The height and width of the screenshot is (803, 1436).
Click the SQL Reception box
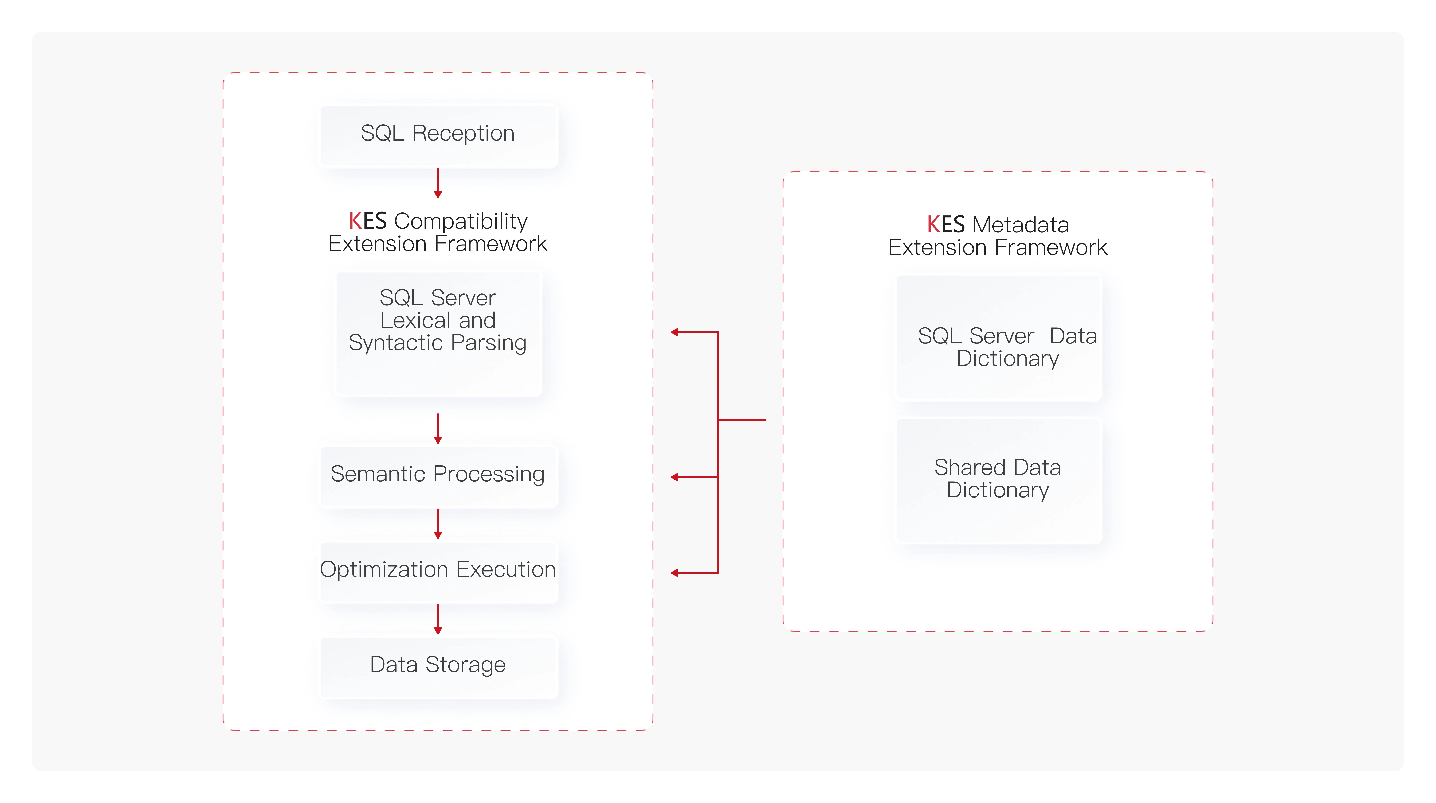pos(438,135)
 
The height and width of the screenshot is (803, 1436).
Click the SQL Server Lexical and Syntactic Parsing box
pos(438,334)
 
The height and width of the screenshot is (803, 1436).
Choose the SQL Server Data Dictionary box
pos(998,337)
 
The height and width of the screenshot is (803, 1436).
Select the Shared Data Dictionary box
pos(998,480)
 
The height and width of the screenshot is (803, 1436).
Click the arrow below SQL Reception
pos(438,183)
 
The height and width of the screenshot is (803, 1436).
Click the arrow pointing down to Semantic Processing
pos(438,429)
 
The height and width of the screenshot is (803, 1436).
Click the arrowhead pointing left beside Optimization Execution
pos(674,573)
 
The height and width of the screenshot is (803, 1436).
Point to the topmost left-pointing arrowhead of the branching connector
pos(674,332)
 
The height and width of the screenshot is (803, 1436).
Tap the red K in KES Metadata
pos(934,225)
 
